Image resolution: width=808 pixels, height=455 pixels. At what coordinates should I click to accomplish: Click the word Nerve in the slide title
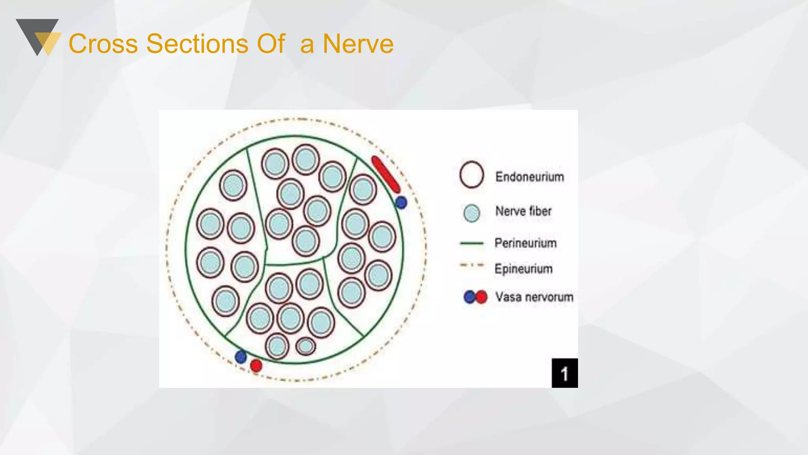(358, 44)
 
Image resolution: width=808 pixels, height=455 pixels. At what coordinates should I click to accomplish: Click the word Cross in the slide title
(103, 44)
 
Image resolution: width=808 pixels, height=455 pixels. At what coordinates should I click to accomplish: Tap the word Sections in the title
(197, 44)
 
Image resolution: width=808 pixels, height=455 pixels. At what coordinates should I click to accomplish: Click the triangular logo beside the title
(39, 37)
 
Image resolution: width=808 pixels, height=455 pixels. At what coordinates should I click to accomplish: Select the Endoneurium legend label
(529, 177)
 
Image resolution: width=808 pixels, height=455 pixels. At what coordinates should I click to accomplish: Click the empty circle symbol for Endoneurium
(471, 175)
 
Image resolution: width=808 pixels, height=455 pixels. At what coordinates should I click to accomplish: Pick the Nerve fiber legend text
(523, 211)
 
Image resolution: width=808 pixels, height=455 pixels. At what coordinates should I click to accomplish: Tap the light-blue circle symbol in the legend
(471, 213)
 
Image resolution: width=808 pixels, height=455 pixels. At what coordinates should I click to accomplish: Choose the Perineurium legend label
(526, 243)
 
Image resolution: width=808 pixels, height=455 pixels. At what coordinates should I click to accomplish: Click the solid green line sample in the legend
(471, 243)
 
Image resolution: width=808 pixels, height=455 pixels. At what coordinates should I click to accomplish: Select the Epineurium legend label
(524, 269)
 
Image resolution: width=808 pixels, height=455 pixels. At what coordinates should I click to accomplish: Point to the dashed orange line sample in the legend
(471, 265)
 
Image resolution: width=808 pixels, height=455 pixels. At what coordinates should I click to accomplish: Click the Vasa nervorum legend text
(534, 297)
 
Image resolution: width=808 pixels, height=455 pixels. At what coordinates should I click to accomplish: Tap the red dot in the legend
(481, 297)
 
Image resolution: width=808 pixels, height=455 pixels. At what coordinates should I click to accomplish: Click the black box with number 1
(565, 373)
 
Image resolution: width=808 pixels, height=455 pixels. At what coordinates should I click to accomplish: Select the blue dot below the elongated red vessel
(401, 203)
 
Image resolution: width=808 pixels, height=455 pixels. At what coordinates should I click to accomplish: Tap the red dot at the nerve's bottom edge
(256, 365)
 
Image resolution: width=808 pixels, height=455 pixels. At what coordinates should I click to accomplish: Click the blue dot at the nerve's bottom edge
(241, 357)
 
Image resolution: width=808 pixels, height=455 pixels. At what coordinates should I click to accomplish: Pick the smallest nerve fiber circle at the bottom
(306, 346)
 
